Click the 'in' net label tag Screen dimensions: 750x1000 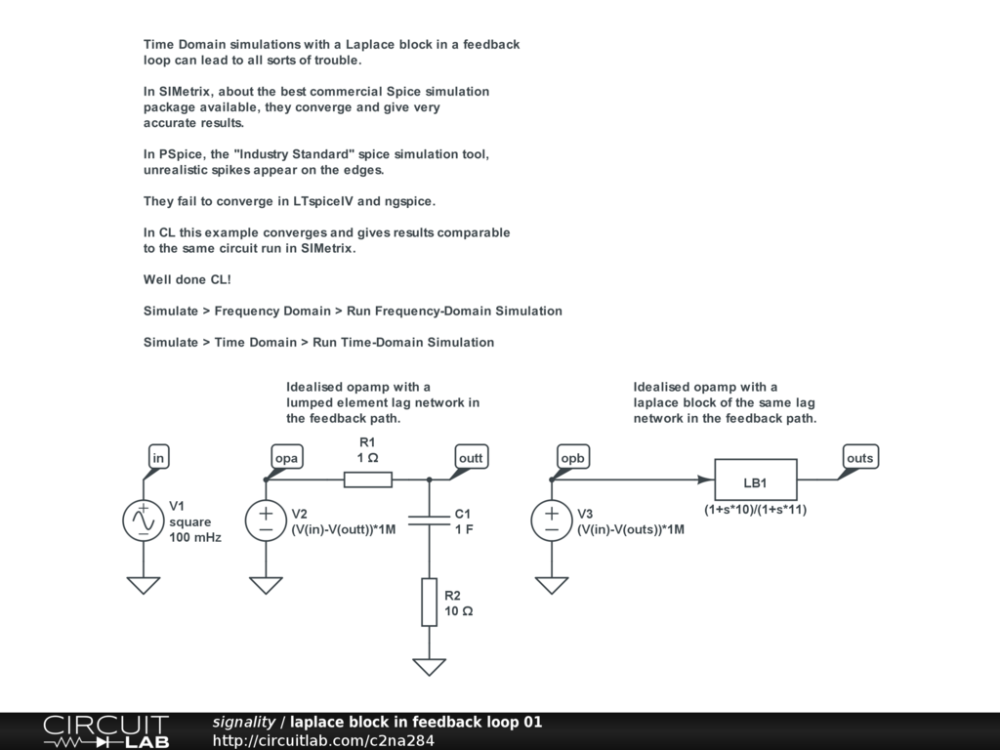(158, 457)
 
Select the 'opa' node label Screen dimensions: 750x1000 (285, 457)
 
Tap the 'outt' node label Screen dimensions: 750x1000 (470, 457)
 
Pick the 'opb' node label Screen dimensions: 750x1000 (571, 457)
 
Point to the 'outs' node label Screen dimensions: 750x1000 (859, 457)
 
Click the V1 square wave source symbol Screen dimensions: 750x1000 (144, 521)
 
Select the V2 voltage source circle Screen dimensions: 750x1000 (266, 521)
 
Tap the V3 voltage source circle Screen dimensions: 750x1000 (552, 521)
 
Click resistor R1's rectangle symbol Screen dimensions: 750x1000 (368, 479)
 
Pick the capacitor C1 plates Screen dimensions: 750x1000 (430, 521)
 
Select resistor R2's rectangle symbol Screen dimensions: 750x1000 (430, 602)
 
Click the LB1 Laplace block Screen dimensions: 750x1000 (755, 479)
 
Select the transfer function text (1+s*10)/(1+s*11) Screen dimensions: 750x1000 (755, 510)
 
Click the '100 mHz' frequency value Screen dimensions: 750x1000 (195, 537)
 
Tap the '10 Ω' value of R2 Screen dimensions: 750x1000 (459, 611)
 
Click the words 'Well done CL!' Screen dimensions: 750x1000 (187, 279)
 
